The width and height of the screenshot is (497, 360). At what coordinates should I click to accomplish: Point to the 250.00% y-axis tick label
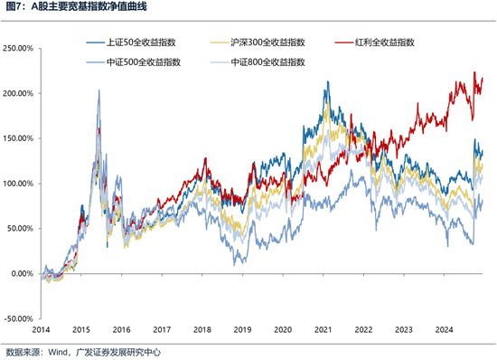(x=19, y=48)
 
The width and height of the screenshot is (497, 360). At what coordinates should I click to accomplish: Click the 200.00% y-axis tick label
(x=19, y=93)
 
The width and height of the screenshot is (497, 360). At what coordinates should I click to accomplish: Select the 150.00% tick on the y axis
(x=19, y=138)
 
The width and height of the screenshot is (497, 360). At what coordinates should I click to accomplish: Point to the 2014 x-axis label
(x=50, y=332)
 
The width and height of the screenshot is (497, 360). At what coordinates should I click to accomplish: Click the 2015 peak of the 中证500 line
(x=98, y=90)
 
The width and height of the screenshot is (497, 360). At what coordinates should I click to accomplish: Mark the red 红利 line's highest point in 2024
(x=475, y=72)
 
